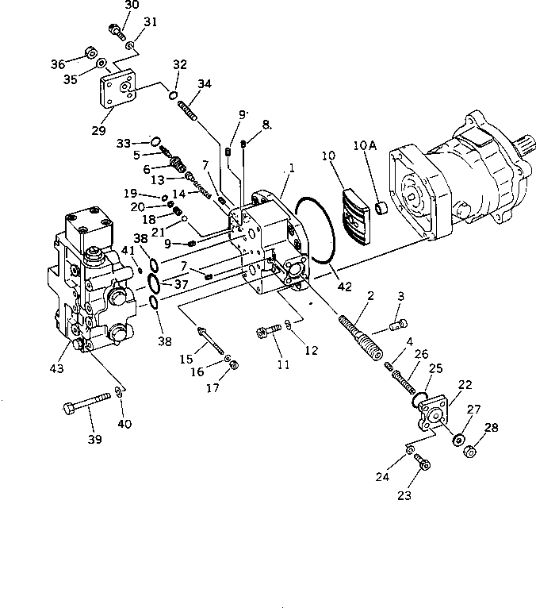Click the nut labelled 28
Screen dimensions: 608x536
[468, 451]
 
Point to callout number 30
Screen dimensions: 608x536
[132, 5]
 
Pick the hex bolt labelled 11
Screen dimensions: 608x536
[267, 331]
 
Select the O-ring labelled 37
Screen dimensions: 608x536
[158, 283]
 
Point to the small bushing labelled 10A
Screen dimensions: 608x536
[381, 209]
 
